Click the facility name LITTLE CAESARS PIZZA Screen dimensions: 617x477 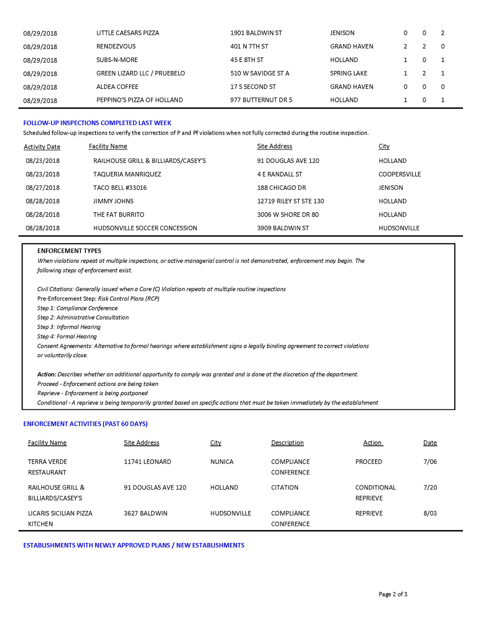click(128, 33)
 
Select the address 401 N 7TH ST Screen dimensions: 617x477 click(249, 47)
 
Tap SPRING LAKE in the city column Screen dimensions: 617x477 click(349, 73)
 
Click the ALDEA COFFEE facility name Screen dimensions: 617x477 click(117, 87)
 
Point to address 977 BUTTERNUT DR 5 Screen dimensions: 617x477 click(261, 100)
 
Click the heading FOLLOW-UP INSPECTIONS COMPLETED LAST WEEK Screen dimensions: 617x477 click(97, 123)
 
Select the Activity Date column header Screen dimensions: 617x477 click(42, 147)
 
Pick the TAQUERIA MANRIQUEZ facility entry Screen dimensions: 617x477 click(127, 174)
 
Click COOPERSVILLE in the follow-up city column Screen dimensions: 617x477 click(400, 174)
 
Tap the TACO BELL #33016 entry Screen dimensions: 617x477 click(120, 188)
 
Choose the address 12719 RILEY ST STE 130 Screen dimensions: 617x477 click(291, 201)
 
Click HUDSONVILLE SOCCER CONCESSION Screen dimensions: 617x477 click(145, 228)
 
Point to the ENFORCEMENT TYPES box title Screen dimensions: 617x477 click(69, 251)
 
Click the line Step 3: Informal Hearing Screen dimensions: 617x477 click(69, 327)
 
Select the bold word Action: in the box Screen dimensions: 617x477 click(47, 375)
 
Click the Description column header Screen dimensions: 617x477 click(287, 443)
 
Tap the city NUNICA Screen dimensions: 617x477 click(222, 462)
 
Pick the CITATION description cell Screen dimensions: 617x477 click(285, 488)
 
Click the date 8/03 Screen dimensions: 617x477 click(430, 513)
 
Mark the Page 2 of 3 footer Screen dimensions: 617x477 click(393, 594)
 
